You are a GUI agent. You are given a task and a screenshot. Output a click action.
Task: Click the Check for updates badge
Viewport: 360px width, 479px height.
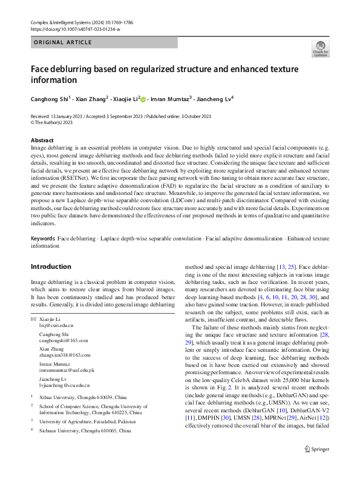pyautogui.click(x=320, y=48)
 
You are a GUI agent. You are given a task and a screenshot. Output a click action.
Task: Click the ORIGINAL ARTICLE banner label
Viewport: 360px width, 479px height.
pyautogui.click(x=62, y=42)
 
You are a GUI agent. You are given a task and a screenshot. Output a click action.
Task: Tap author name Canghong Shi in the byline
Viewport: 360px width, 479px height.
pyautogui.click(x=50, y=98)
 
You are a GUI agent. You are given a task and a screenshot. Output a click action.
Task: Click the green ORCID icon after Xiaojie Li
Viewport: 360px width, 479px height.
pyautogui.click(x=143, y=98)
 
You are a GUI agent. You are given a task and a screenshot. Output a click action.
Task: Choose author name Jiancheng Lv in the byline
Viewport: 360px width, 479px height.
pyautogui.click(x=215, y=98)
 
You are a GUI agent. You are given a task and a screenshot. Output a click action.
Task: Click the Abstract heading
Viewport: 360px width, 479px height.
pyautogui.click(x=42, y=140)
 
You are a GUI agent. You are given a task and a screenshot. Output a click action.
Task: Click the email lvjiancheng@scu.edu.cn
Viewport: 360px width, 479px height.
pyautogui.click(x=64, y=385)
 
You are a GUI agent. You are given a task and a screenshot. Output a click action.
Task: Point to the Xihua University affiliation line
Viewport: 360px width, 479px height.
pyautogui.click(x=82, y=396)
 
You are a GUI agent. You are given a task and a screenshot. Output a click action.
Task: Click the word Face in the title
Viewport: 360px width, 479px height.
pyautogui.click(x=41, y=68)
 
